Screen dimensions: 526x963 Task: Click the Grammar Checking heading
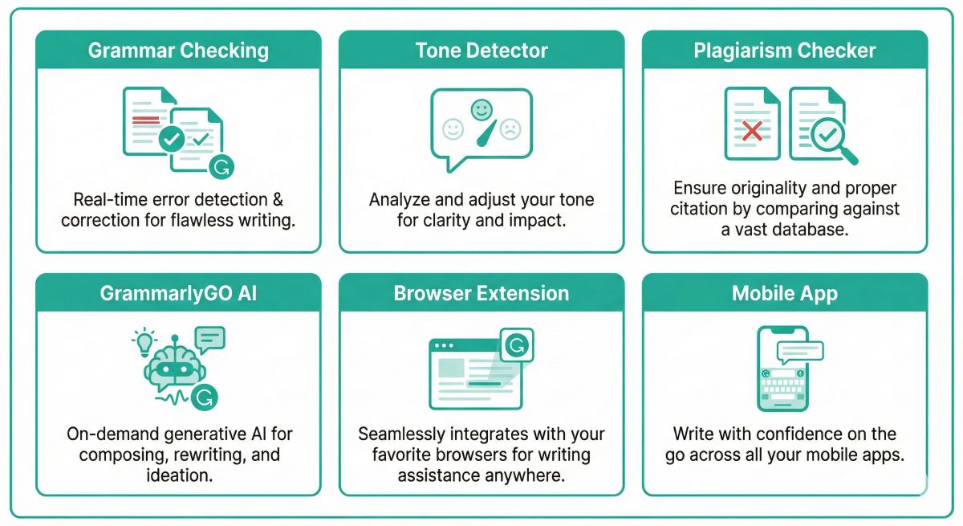point(178,51)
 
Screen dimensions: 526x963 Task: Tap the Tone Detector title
point(481,51)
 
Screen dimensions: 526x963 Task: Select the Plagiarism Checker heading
point(784,51)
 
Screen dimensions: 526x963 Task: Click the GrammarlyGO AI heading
point(178,293)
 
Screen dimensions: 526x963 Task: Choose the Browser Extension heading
point(481,293)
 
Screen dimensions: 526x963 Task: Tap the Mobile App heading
point(784,293)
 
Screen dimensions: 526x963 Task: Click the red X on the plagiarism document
point(752,132)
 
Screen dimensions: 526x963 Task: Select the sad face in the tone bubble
point(510,128)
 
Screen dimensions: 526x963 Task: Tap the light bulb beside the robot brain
point(144,341)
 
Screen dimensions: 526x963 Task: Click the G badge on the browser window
point(517,345)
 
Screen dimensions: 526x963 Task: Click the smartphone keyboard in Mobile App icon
point(782,391)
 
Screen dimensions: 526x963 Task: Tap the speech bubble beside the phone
point(799,350)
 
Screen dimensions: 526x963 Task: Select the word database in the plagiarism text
point(813,230)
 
